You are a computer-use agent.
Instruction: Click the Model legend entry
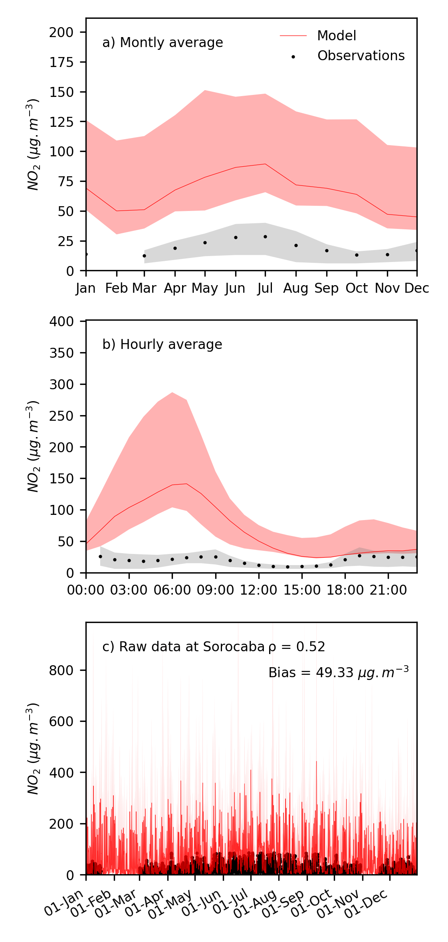[336, 36]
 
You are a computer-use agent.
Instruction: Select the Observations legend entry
[361, 56]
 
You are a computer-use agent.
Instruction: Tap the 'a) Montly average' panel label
[163, 43]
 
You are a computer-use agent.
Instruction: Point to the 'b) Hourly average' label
[162, 345]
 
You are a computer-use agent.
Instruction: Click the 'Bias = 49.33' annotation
[338, 673]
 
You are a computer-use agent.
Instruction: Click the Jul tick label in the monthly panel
[265, 288]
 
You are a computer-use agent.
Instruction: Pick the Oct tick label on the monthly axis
[357, 288]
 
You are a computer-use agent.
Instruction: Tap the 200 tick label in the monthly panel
[61, 32]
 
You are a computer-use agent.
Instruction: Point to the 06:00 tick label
[172, 590]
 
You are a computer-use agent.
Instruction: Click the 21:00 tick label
[388, 590]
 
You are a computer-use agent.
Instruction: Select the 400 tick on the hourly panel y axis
[61, 321]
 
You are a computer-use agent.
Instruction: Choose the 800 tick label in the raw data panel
[61, 670]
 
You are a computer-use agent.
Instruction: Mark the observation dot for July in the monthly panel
[265, 237]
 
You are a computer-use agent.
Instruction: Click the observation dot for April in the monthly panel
[175, 248]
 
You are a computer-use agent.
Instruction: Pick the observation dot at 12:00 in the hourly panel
[259, 565]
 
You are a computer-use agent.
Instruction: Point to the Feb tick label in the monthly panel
[117, 288]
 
